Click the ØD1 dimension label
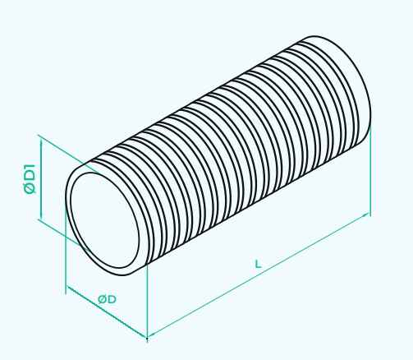30,179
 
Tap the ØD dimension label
107,299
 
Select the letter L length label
258,265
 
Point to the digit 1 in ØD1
30,167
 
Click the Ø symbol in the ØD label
102,299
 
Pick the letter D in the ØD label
112,299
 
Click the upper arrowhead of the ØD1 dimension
41,142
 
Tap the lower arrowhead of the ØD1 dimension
41,215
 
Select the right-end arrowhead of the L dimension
366,215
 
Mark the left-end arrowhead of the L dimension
151,334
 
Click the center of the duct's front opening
105,220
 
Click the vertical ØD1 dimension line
41,179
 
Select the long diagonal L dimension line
259,275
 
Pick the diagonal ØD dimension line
107,312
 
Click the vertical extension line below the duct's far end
370,171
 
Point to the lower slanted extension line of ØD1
64,235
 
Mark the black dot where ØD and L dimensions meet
147,339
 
